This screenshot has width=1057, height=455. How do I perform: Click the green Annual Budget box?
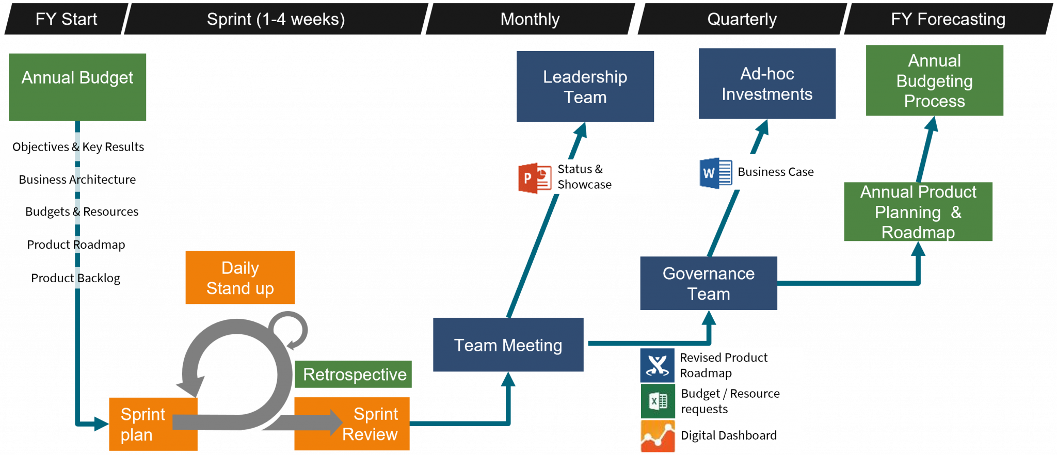[77, 87]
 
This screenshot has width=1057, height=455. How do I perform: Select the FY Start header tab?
[66, 19]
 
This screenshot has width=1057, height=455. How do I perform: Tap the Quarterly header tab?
[741, 19]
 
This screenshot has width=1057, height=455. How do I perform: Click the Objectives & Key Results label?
[78, 147]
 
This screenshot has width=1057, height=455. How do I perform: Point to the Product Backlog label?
[75, 278]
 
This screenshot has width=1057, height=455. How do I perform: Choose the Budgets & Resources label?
[82, 212]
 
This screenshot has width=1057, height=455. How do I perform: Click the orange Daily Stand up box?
[240, 278]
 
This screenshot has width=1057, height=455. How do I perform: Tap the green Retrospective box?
[354, 374]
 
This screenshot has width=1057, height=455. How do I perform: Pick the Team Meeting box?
[508, 345]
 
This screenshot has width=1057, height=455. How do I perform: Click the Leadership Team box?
[585, 86]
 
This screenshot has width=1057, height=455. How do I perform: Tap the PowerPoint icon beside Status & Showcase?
[535, 178]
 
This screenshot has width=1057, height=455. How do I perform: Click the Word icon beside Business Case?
[715, 173]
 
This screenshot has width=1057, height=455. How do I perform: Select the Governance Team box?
[708, 283]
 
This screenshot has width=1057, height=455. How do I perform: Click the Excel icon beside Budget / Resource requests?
[658, 401]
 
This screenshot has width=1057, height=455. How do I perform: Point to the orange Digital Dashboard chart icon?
[658, 436]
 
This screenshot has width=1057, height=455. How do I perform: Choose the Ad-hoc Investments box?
[766, 84]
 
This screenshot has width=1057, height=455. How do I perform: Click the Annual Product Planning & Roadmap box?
[918, 212]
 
